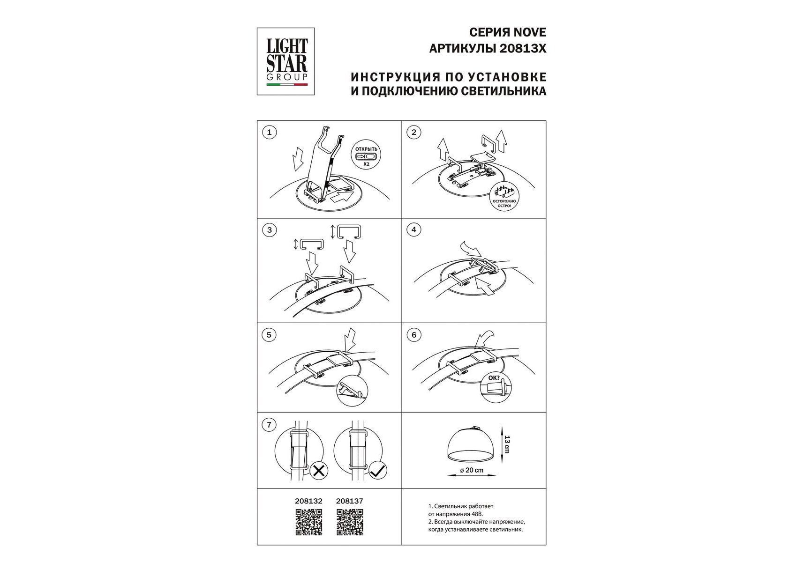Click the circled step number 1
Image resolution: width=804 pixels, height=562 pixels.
pyautogui.click(x=269, y=133)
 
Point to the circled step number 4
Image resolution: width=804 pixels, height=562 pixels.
pyautogui.click(x=413, y=230)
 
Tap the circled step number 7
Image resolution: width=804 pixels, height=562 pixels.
pyautogui.click(x=269, y=425)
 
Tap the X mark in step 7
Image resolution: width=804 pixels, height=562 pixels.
pyautogui.click(x=319, y=470)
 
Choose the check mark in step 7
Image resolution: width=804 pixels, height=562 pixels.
pyautogui.click(x=377, y=470)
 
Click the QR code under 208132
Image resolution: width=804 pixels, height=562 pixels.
pyautogui.click(x=308, y=522)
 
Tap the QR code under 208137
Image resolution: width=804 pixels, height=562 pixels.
pyautogui.click(x=350, y=522)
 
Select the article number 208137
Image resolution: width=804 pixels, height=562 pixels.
pyautogui.click(x=350, y=501)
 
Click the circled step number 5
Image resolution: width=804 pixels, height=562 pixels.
pyautogui.click(x=269, y=335)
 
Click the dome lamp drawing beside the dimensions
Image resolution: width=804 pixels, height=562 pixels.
pyautogui.click(x=472, y=443)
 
